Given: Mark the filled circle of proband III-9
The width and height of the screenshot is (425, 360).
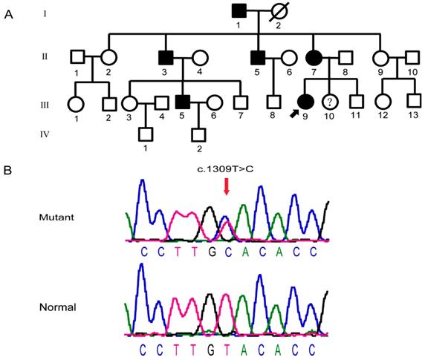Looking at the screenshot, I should tap(305, 102).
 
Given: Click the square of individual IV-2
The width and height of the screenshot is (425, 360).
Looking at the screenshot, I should tap(198, 135).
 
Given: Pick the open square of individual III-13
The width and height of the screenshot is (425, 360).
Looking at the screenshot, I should tap(410, 102).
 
